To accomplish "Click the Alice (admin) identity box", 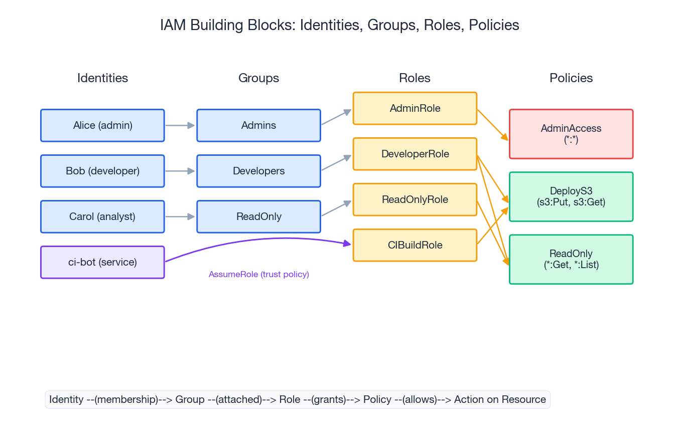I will point(102,125).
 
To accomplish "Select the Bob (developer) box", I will point(102,171).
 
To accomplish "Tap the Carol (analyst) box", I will point(102,216).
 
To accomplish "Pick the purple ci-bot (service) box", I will point(102,262).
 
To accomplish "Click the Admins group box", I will point(258,125).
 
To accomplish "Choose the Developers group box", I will point(258,171).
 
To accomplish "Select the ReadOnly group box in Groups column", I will point(258,216).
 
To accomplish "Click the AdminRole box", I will point(415,108).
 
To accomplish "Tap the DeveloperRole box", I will point(415,154).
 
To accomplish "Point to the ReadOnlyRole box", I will point(415,199).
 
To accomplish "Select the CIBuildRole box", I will point(415,245).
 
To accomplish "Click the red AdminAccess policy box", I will point(571,134).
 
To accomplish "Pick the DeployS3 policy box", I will point(571,196).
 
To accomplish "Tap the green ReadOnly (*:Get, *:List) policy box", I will point(571,259).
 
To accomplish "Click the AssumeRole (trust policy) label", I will point(258,275).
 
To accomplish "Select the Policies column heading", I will point(571,78).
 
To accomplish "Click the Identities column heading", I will point(102,78).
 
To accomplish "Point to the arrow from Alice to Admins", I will point(180,125).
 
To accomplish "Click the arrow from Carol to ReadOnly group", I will point(180,216).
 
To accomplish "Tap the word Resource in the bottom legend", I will point(525,399).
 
